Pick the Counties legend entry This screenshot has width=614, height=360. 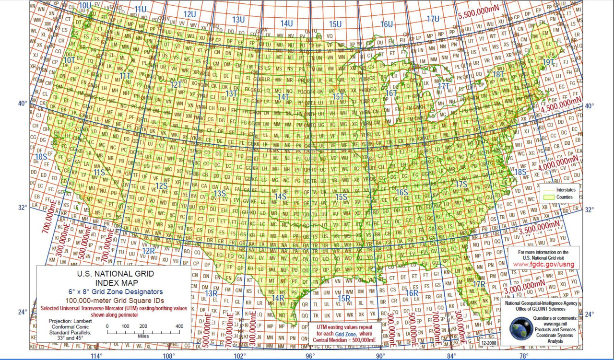564,197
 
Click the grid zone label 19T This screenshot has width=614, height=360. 548,62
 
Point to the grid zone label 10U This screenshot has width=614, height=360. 85,5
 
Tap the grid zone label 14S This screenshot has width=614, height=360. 280,196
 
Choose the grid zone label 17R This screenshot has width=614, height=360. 479,285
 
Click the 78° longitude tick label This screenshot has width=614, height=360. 524,356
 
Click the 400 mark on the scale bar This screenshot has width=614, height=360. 178,326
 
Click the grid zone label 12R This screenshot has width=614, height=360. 148,250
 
